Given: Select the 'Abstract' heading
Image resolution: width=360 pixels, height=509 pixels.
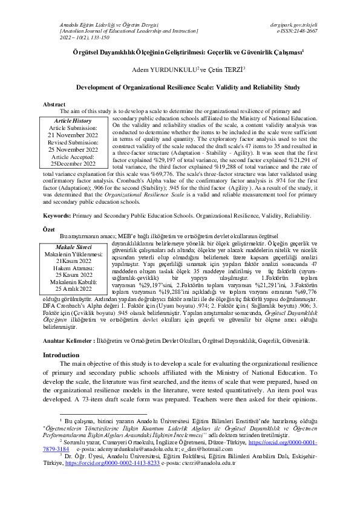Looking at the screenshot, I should tap(54, 105).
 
